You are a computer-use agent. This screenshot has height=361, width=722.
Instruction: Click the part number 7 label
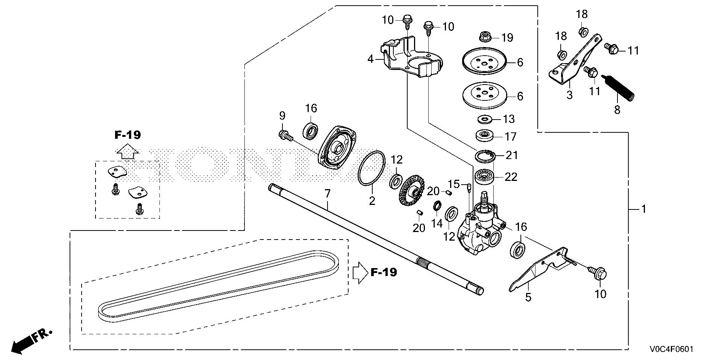[x=327, y=194]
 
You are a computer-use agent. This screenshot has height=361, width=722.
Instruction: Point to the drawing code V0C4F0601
[x=670, y=349]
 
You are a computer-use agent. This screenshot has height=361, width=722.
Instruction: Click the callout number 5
[x=528, y=297]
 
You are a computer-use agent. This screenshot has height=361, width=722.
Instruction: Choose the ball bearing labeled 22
[x=485, y=177]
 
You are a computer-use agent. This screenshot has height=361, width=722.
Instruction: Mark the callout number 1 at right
[x=643, y=209]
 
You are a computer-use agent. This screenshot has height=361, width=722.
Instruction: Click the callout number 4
[x=371, y=59]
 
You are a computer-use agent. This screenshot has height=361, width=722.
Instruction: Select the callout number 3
[x=570, y=95]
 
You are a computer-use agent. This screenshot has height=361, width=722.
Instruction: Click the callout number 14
[x=437, y=223]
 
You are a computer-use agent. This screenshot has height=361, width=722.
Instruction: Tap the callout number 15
[x=454, y=184]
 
